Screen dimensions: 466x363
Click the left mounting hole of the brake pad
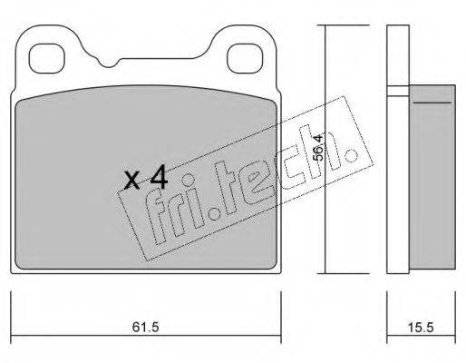[x=47, y=59]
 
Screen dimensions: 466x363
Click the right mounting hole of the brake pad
[x=244, y=59]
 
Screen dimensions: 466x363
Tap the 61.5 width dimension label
[x=145, y=327]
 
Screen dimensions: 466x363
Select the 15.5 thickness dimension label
[x=421, y=327]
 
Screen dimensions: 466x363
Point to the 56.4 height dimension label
[x=318, y=147]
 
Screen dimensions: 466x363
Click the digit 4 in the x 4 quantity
[x=159, y=177]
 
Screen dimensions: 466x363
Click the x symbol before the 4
[x=131, y=181]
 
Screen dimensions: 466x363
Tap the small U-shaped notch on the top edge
[x=109, y=63]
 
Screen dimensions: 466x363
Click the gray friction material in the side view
[x=432, y=177]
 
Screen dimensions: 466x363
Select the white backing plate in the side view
[x=398, y=150]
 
